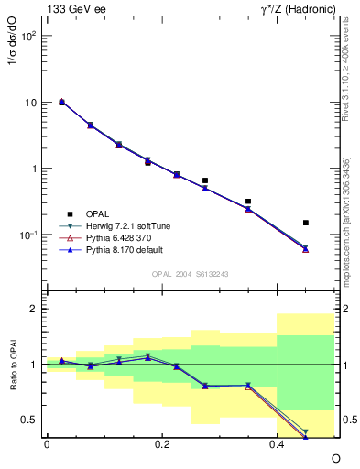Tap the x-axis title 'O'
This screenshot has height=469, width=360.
(x=334, y=457)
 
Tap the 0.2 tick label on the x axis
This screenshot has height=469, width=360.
(x=162, y=443)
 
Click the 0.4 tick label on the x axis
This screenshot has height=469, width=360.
(x=277, y=443)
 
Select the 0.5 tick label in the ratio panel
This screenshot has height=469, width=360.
(x=29, y=420)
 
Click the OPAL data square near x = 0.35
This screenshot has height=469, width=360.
(x=248, y=201)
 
